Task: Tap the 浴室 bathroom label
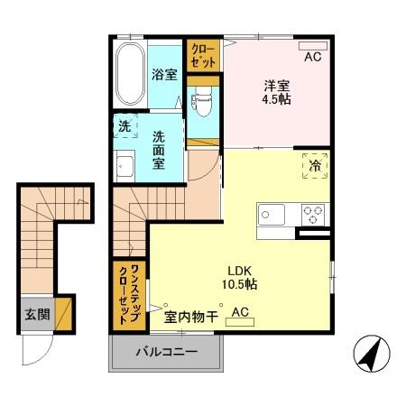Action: coord(163,76)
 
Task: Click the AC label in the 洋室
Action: coord(312,57)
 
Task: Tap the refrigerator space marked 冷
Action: coord(314,168)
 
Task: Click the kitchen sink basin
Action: coord(271,216)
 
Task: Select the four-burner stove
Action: coord(313,216)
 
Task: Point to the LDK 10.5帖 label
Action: coord(240,277)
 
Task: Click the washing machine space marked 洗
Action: coord(125,127)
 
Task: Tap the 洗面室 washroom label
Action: coord(158,150)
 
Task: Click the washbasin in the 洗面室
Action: coord(125,167)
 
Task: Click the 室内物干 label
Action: coord(190,316)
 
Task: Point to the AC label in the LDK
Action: coord(240,313)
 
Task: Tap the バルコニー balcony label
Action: coord(166,351)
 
